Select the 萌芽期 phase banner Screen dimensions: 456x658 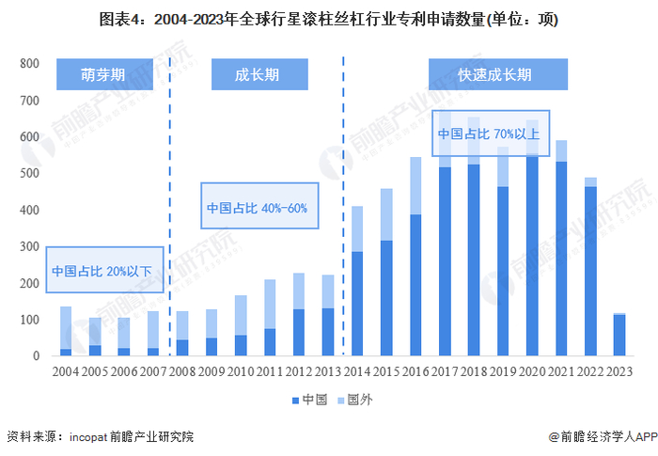click(x=103, y=75)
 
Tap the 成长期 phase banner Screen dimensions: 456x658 click(x=256, y=75)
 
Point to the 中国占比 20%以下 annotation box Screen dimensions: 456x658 click(x=102, y=271)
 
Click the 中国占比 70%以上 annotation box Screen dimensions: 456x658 click(x=489, y=134)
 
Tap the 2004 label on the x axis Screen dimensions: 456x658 click(x=66, y=371)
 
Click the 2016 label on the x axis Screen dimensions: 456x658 click(x=415, y=371)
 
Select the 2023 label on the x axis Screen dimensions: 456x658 click(x=619, y=371)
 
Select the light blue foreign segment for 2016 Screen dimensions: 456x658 click(x=415, y=185)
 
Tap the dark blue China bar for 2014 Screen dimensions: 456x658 click(x=356, y=304)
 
